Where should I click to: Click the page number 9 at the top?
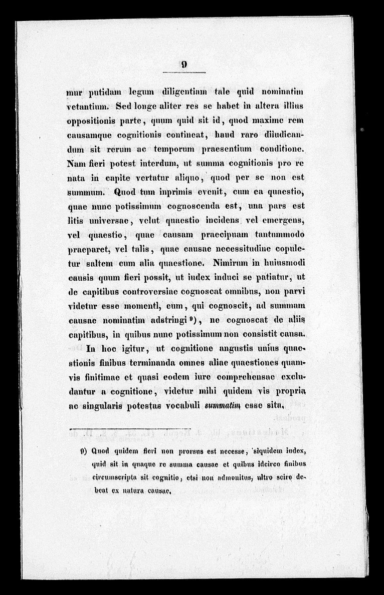[184, 64]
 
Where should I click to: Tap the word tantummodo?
[277, 234]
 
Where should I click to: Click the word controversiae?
[148, 291]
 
